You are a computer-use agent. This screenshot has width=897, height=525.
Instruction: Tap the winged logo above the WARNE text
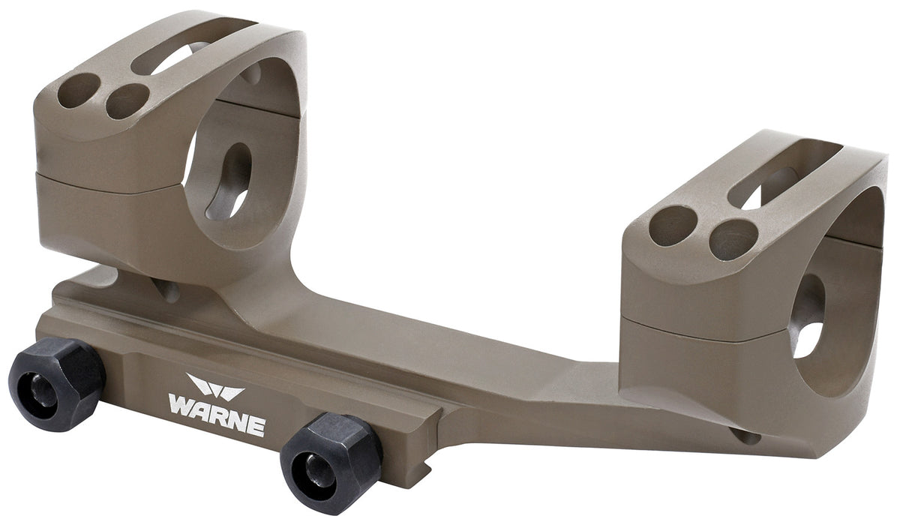[215, 388]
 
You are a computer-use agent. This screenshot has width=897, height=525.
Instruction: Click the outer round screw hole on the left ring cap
[78, 92]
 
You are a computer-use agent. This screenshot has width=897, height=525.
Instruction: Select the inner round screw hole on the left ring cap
[127, 101]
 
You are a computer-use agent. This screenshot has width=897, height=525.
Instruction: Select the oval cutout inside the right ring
[808, 315]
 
